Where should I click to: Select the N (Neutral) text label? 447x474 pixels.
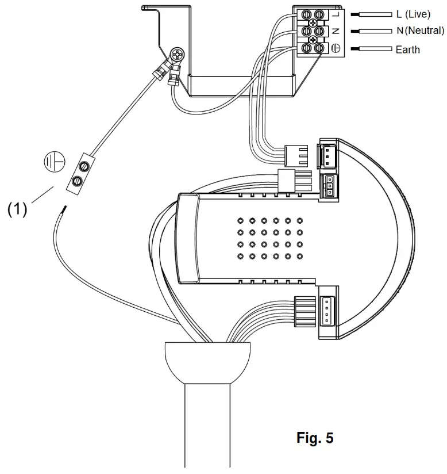[x=420, y=30]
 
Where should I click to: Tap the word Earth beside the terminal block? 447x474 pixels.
[x=407, y=49]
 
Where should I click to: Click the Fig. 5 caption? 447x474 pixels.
[x=314, y=438]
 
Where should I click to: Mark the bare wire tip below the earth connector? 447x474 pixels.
[x=63, y=208]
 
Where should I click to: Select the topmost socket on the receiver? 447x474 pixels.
[x=329, y=154]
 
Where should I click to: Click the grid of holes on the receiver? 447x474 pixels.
[x=269, y=239]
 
